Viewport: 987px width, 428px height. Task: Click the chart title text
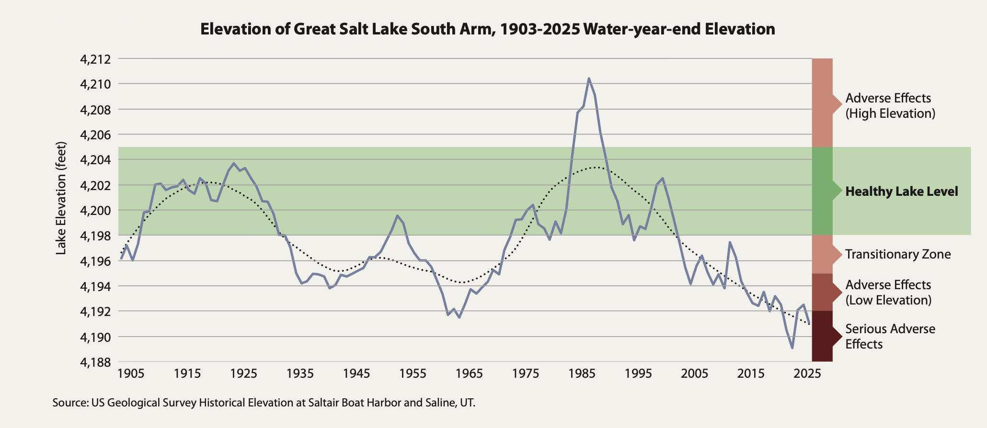[x=487, y=29]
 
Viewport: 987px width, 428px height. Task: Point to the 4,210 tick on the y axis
[x=95, y=84]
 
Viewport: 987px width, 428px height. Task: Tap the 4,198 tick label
[x=95, y=236]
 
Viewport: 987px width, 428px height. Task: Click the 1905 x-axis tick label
[x=131, y=374]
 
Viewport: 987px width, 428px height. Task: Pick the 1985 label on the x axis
[x=582, y=374]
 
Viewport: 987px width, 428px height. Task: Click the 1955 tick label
[x=413, y=374]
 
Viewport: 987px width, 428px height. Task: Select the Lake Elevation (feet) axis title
[x=61, y=198]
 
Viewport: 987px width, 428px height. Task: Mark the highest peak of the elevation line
[x=589, y=79]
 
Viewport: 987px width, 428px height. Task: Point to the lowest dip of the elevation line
[x=792, y=348]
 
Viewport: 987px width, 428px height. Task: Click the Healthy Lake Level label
[x=901, y=191]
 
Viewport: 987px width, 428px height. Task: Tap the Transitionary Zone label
[x=897, y=254]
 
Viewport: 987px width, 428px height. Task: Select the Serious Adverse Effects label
[x=890, y=337]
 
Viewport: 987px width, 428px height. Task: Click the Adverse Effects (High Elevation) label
[x=890, y=106]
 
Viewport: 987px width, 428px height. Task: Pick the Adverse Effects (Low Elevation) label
[x=888, y=293]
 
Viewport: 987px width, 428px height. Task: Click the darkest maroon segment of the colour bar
[x=822, y=336]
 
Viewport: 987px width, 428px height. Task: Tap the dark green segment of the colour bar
[x=822, y=191]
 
